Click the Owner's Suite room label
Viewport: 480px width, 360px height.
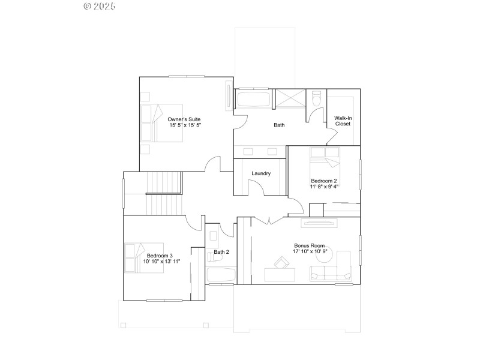click(x=184, y=120)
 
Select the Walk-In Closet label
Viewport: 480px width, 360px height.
click(x=343, y=121)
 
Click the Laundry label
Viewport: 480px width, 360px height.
click(x=261, y=173)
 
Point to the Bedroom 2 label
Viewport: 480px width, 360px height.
click(x=323, y=181)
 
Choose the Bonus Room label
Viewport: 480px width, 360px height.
click(x=309, y=245)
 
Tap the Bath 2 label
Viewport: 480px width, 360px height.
click(x=221, y=252)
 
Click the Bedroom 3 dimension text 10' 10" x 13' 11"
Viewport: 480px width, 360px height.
click(x=161, y=262)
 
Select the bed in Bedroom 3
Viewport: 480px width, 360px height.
click(x=144, y=257)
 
